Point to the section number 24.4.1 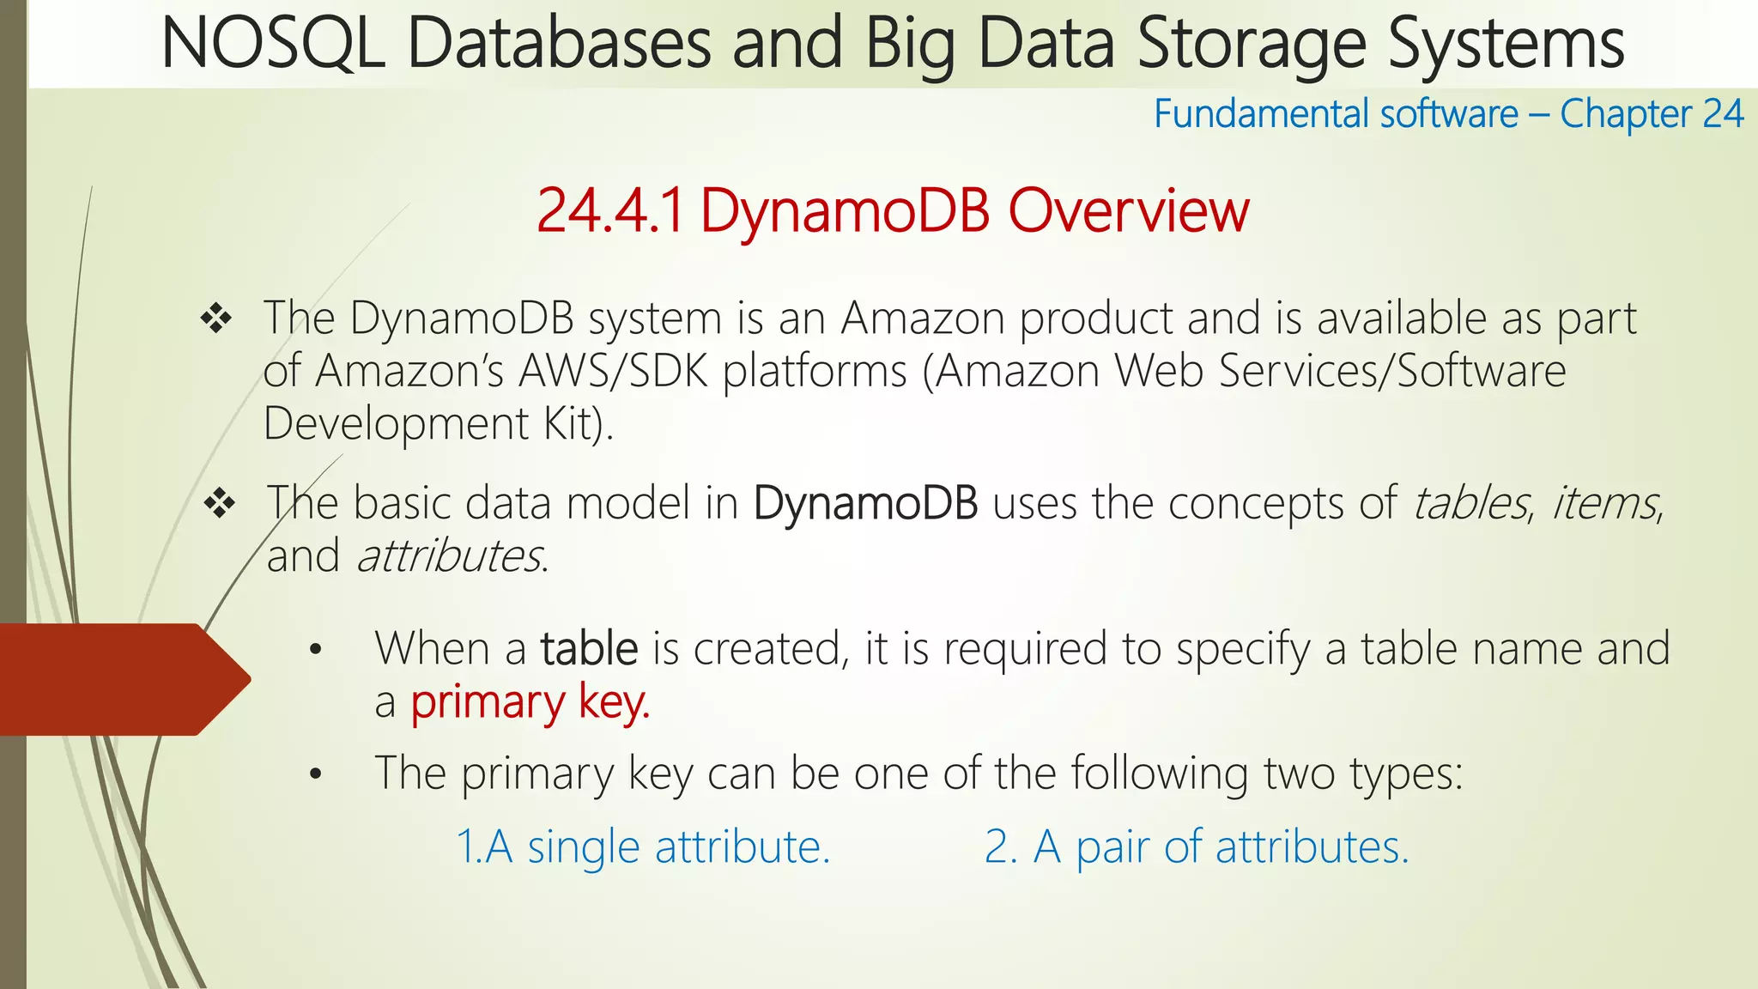point(610,211)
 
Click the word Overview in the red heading point(1128,211)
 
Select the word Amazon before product point(923,319)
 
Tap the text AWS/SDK point(614,371)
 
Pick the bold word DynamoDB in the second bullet point(865,503)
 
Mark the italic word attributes point(450,556)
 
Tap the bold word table point(589,649)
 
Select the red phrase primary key point(530,703)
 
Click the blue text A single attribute point(643,847)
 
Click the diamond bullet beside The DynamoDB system point(216,319)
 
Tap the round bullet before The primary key point(316,775)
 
